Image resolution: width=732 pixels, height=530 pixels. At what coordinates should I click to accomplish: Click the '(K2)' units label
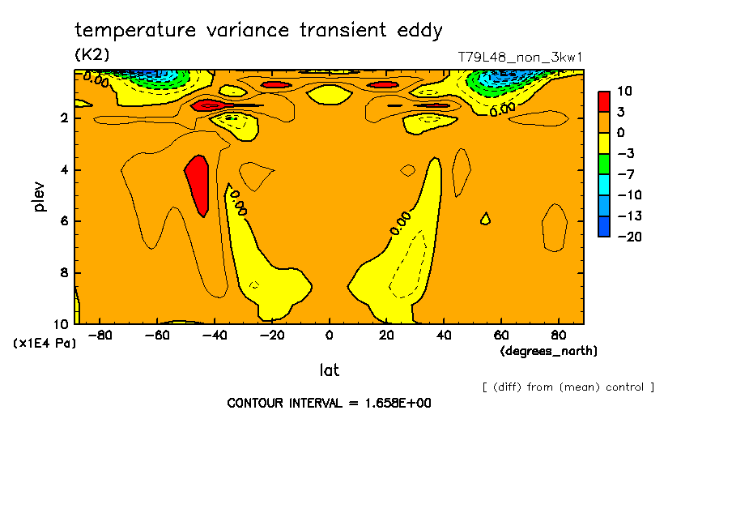point(91,55)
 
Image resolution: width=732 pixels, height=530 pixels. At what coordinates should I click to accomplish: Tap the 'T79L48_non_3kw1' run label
point(520,58)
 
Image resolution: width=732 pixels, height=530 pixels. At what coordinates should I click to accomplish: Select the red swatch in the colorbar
point(604,101)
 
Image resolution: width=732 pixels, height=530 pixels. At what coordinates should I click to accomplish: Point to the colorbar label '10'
point(625,91)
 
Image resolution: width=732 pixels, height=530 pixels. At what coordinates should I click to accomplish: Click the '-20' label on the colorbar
point(629,236)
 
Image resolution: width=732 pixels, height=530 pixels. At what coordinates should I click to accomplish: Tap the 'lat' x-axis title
point(329,370)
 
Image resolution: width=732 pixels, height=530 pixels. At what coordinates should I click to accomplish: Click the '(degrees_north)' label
point(549,351)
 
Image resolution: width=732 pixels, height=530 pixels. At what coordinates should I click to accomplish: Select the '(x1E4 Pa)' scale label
point(45,344)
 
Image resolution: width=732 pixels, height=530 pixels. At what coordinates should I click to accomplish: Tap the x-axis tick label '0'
point(329,335)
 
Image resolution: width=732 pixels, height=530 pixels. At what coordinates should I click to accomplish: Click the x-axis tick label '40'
point(444,335)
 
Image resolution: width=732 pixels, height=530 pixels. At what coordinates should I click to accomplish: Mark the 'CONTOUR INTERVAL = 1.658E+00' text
point(329,403)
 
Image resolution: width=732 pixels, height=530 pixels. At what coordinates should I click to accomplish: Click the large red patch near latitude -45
point(198,185)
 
